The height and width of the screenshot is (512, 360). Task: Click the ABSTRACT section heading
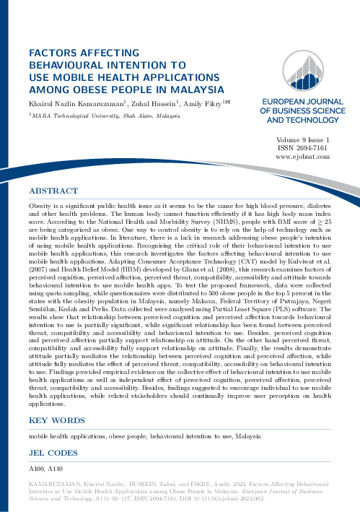53,191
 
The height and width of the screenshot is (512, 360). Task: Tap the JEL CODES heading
53,453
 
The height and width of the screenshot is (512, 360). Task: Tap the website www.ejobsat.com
302,156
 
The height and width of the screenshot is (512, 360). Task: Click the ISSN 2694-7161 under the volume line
302,147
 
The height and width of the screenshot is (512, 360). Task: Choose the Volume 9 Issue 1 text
302,139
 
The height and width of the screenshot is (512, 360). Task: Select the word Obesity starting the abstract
39,207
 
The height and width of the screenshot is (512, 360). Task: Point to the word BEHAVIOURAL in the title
73,66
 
